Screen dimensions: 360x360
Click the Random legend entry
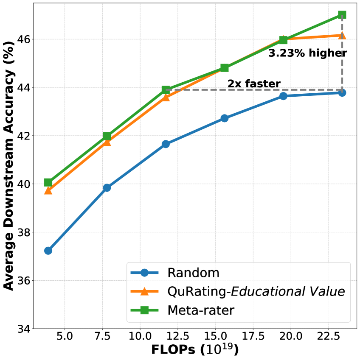[x=194, y=273]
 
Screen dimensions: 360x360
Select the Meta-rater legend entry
[x=201, y=310]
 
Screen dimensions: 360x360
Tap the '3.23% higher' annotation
[x=307, y=53]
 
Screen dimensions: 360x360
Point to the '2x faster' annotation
[x=254, y=84]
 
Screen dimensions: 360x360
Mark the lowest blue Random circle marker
[x=48, y=251]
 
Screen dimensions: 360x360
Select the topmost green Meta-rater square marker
[x=342, y=15]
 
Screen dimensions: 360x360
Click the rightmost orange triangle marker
[x=342, y=36]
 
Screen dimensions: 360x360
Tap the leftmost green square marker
[x=48, y=182]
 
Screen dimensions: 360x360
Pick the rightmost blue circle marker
[x=342, y=92]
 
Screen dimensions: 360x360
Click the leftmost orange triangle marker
[x=48, y=191]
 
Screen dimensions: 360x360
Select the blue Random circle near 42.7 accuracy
[x=225, y=118]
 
